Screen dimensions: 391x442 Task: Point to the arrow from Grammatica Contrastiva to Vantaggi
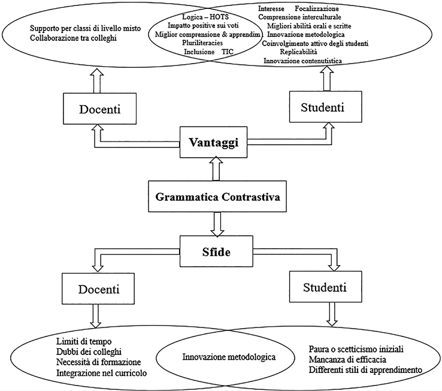click(x=214, y=169)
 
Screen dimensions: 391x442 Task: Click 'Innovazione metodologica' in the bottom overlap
click(x=228, y=358)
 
